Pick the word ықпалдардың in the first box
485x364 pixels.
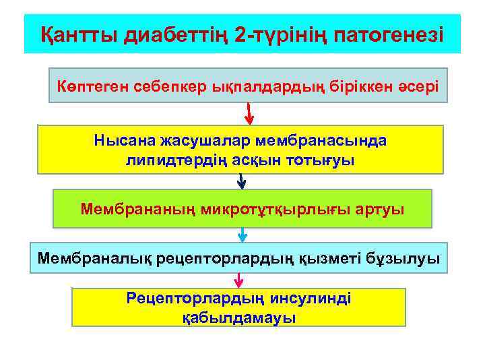(251, 87)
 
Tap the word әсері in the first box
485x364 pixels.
(410, 87)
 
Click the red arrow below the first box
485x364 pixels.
(249, 114)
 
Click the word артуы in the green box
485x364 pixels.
(382, 208)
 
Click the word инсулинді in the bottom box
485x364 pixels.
(309, 297)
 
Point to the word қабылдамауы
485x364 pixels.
(239, 316)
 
